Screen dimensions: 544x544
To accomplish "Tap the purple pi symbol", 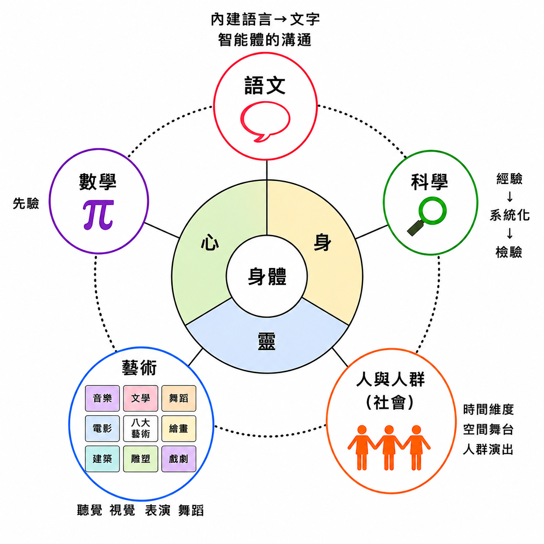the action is (x=98, y=215).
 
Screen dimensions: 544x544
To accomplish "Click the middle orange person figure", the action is (x=389, y=447).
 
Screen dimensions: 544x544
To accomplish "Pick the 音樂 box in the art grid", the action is (x=102, y=398).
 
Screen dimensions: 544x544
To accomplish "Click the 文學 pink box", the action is (x=141, y=398).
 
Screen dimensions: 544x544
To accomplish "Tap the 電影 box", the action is (x=102, y=428).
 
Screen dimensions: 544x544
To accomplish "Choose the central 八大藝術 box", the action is (x=141, y=428).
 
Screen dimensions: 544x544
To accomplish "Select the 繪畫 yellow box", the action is (x=179, y=428).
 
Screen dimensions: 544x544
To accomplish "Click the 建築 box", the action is (x=102, y=459).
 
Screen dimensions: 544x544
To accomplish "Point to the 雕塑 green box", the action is (x=141, y=459).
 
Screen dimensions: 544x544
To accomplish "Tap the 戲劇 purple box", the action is (x=179, y=459).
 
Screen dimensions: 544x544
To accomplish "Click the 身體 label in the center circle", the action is (x=267, y=277).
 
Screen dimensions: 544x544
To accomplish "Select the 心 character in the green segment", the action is (x=210, y=243).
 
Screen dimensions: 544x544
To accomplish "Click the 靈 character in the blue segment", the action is (x=266, y=341).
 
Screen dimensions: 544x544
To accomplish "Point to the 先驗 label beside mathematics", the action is (x=26, y=203).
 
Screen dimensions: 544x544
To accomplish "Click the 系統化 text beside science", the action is (x=510, y=215).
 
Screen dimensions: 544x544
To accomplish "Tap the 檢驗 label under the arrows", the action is (x=509, y=252).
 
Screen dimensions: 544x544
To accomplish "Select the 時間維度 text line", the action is (x=488, y=410).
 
